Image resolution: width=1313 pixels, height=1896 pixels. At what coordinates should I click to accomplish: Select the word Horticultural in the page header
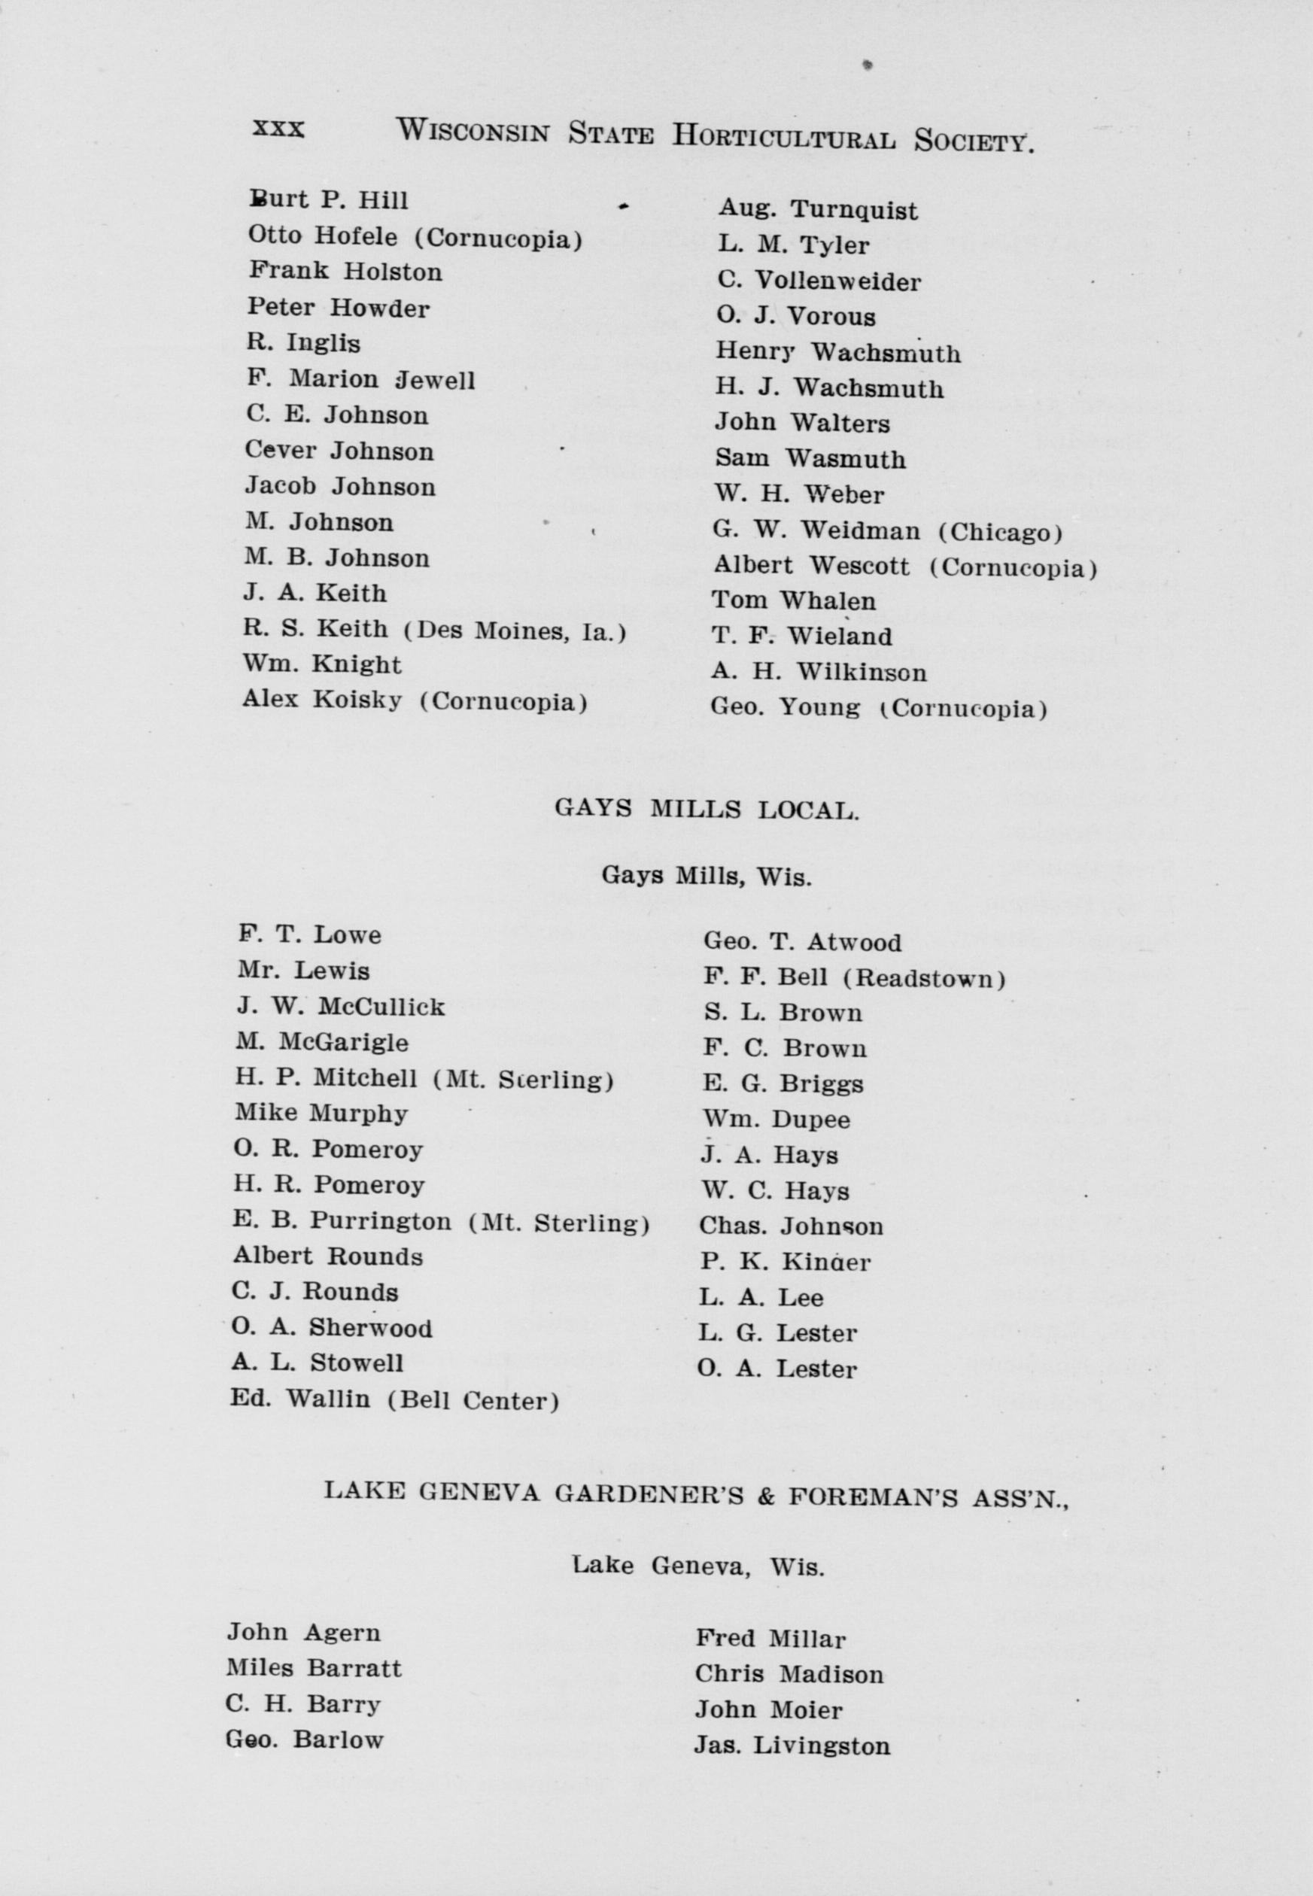click(783, 135)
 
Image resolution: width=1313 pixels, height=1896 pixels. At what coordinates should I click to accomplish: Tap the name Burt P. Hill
click(329, 200)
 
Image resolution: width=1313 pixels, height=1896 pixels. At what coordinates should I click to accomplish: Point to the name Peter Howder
click(338, 308)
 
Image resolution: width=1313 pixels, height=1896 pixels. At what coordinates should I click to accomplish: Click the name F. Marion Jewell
click(360, 379)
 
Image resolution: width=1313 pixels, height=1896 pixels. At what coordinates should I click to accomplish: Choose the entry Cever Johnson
click(339, 451)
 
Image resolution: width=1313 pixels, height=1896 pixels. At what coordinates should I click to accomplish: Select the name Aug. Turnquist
click(818, 210)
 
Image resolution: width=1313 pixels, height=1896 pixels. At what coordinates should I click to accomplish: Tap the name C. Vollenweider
click(819, 281)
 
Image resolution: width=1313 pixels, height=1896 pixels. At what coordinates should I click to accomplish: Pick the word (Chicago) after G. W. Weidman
click(1001, 532)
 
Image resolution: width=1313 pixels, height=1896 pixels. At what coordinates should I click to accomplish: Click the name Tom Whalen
click(793, 600)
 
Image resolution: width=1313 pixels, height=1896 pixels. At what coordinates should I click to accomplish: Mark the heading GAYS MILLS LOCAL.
click(707, 810)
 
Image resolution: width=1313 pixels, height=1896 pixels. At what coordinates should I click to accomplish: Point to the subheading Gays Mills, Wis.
click(706, 875)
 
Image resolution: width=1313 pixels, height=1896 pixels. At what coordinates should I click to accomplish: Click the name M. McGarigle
click(322, 1042)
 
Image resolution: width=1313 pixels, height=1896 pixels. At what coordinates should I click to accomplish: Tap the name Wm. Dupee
click(776, 1120)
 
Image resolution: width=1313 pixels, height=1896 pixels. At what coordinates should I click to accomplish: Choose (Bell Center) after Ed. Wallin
click(473, 1400)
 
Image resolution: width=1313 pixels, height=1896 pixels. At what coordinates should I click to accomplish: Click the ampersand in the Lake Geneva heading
click(766, 1493)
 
